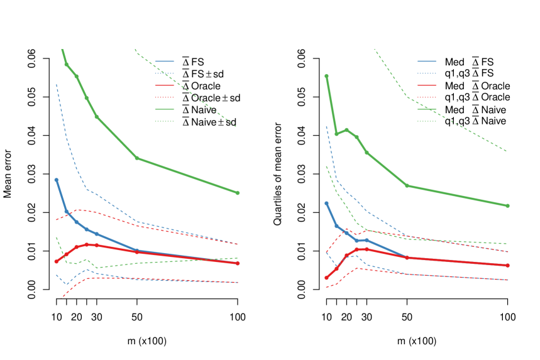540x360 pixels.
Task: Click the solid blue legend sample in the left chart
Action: click(x=165, y=61)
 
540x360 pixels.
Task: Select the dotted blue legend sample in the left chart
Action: click(x=165, y=73)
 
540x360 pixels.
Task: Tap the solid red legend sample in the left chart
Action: click(x=165, y=85)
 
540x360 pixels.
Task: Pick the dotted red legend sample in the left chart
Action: click(x=165, y=97)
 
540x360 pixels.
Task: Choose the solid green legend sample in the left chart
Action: click(x=165, y=109)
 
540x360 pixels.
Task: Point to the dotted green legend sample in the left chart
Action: click(x=165, y=121)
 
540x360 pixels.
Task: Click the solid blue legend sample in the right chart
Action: click(x=427, y=61)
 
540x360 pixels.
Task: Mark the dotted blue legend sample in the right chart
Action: click(x=427, y=73)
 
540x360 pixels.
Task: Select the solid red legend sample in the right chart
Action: click(x=427, y=85)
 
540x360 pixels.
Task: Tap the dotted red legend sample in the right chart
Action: click(x=427, y=97)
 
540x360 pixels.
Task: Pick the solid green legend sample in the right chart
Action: click(x=427, y=109)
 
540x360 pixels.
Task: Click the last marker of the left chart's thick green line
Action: click(x=238, y=193)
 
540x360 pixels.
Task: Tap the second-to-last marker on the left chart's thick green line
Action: click(x=137, y=158)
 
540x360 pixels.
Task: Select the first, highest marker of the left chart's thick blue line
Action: click(x=57, y=180)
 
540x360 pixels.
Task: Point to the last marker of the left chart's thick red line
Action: click(x=238, y=263)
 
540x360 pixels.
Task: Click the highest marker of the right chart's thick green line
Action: click(x=326, y=76)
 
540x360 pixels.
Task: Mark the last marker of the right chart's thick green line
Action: click(x=507, y=205)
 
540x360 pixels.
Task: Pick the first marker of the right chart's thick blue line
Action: click(x=326, y=204)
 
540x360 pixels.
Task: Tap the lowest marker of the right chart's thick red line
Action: click(x=326, y=278)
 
